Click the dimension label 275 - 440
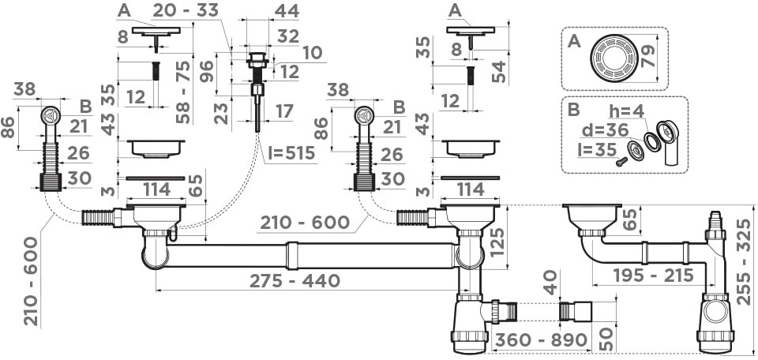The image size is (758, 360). (295, 280)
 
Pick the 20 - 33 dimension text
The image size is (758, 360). (185, 10)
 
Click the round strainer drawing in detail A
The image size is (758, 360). (614, 58)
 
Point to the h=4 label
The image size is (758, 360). (626, 111)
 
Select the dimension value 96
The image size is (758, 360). (206, 72)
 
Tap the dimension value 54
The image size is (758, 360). (500, 72)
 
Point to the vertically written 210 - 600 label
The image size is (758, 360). (32, 281)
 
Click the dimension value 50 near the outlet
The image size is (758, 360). (607, 339)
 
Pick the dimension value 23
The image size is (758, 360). (221, 113)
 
